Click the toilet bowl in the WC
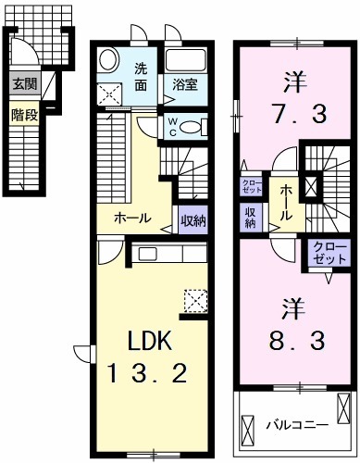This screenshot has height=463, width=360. [x=195, y=128]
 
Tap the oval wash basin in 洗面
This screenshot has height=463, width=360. [x=109, y=60]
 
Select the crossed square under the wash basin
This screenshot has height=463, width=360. [x=109, y=92]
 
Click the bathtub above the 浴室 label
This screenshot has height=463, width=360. [x=190, y=62]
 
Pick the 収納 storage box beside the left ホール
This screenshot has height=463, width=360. [x=192, y=220]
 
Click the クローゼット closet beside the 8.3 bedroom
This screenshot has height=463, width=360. [x=324, y=252]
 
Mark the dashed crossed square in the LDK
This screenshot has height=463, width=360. [x=196, y=300]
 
